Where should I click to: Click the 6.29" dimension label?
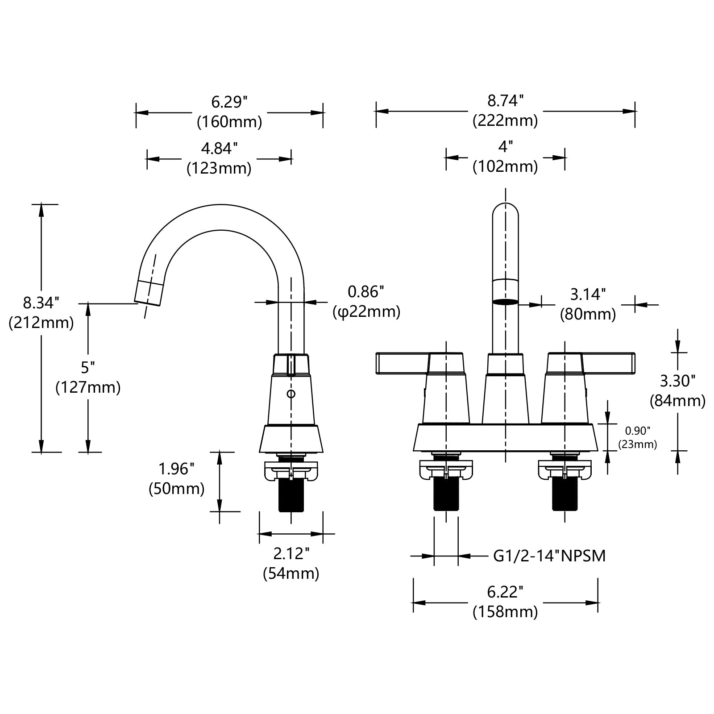click(229, 102)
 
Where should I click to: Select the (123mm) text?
click(219, 168)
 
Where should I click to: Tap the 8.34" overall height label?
click(41, 303)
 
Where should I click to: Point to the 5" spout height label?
click(88, 367)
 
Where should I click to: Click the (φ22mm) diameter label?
click(366, 311)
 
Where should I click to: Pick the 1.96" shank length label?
click(177, 469)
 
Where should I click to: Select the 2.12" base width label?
click(291, 554)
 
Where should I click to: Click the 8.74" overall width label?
click(505, 100)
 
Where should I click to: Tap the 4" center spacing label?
click(505, 146)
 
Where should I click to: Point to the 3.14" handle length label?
click(588, 294)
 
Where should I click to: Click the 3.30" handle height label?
click(677, 381)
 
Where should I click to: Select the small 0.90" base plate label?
click(637, 431)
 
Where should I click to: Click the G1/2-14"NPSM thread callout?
click(549, 556)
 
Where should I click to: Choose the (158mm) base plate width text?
click(505, 612)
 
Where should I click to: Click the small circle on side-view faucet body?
click(291, 394)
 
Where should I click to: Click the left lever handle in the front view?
click(402, 363)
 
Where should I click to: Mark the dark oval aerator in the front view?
click(505, 302)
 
